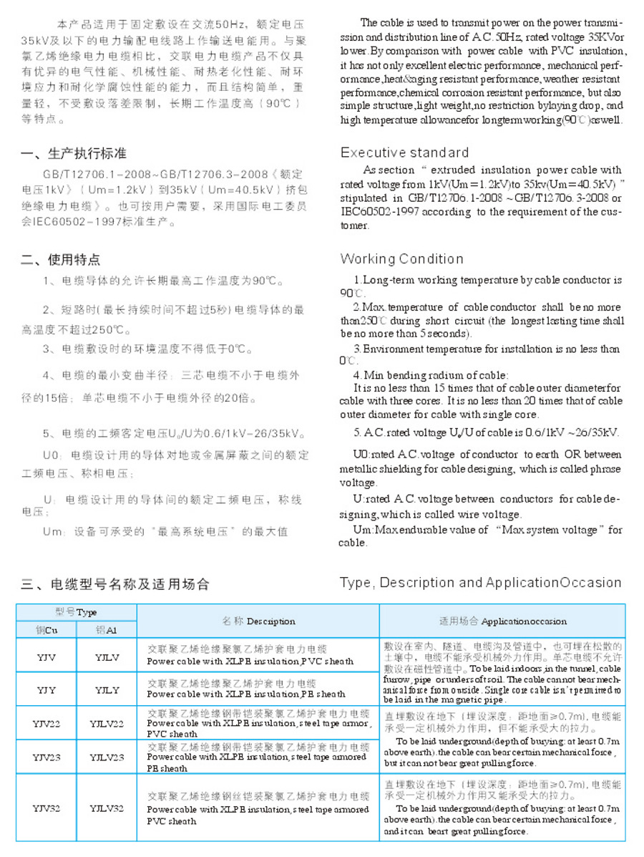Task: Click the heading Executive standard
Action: point(404,152)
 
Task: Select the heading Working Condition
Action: point(401,258)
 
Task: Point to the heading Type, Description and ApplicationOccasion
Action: point(480,583)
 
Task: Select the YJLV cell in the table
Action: point(107,656)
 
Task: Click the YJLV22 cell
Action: point(107,724)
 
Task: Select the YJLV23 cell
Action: point(107,757)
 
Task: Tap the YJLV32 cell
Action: point(107,808)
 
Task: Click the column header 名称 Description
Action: point(258,621)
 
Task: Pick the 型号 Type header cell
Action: point(77,613)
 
